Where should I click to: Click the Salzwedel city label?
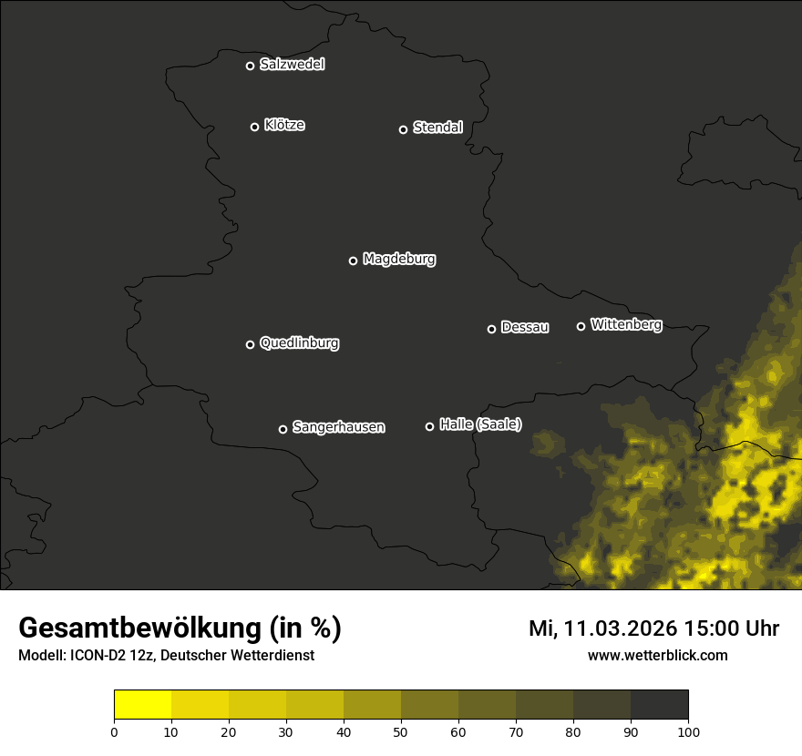292,65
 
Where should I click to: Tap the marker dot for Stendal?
403,129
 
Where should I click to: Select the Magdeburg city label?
399,260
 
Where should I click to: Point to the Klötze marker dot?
254,127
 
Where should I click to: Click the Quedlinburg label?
299,343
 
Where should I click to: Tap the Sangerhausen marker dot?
283,429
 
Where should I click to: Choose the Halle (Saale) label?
480,424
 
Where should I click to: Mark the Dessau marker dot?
491,329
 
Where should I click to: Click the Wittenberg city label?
626,324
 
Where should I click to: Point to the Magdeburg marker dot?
353,261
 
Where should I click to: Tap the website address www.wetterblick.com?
657,655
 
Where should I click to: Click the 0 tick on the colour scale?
114,730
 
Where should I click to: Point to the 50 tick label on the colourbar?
401,730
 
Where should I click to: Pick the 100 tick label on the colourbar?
688,730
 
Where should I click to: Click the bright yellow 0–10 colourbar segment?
142,705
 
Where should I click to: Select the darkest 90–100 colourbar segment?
659,705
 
